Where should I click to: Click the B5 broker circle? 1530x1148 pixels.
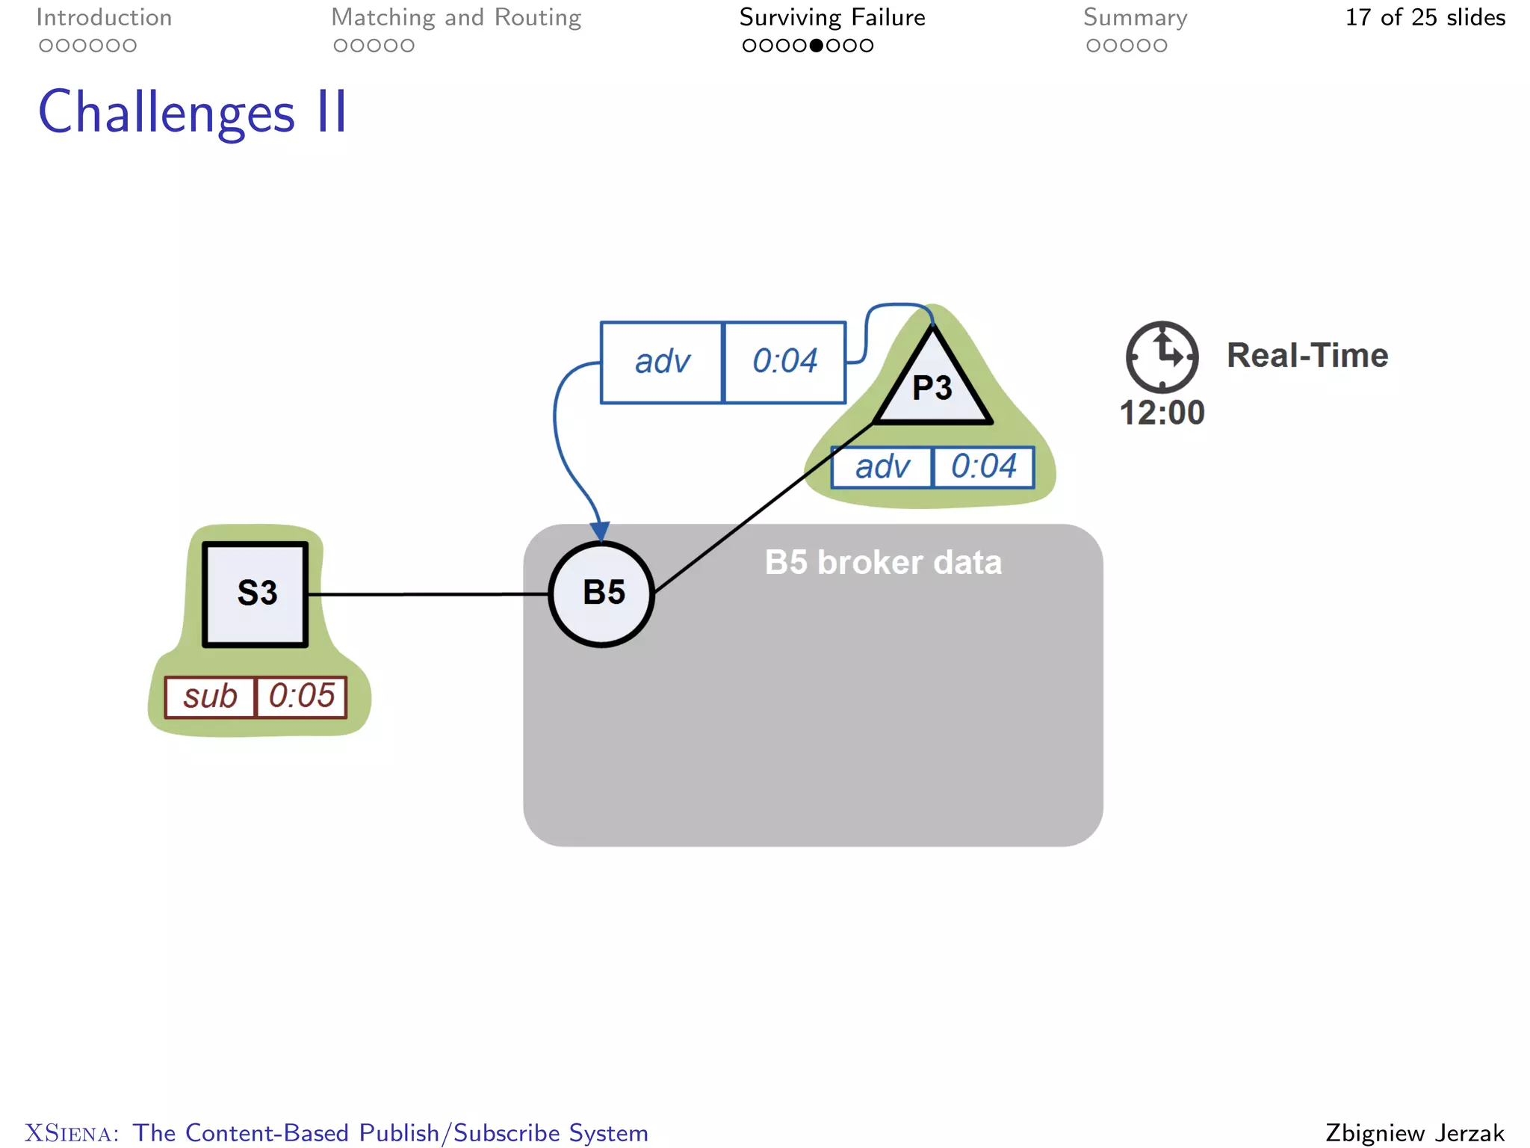click(601, 593)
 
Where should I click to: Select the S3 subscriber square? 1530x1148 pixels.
click(255, 593)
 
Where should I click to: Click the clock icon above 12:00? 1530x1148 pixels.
click(1162, 357)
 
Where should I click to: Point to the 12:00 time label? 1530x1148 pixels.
click(1162, 413)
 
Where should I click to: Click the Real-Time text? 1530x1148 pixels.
click(1307, 355)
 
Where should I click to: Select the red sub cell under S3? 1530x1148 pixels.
click(210, 697)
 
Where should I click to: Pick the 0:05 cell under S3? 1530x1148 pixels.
click(302, 697)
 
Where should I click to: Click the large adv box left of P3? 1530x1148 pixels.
click(662, 362)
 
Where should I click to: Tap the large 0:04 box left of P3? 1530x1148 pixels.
click(784, 362)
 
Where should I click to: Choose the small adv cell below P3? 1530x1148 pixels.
click(882, 467)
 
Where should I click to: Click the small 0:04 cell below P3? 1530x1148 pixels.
click(983, 467)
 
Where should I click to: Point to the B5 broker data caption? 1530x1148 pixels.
click(882, 562)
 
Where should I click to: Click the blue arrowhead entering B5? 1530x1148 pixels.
click(600, 531)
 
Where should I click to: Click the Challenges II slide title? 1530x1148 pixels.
click(193, 112)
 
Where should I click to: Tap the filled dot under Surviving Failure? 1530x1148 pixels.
click(817, 46)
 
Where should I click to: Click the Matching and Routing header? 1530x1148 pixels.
click(456, 17)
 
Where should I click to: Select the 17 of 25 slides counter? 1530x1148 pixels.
click(1425, 17)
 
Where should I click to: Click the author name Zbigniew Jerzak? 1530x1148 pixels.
click(1414, 1132)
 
